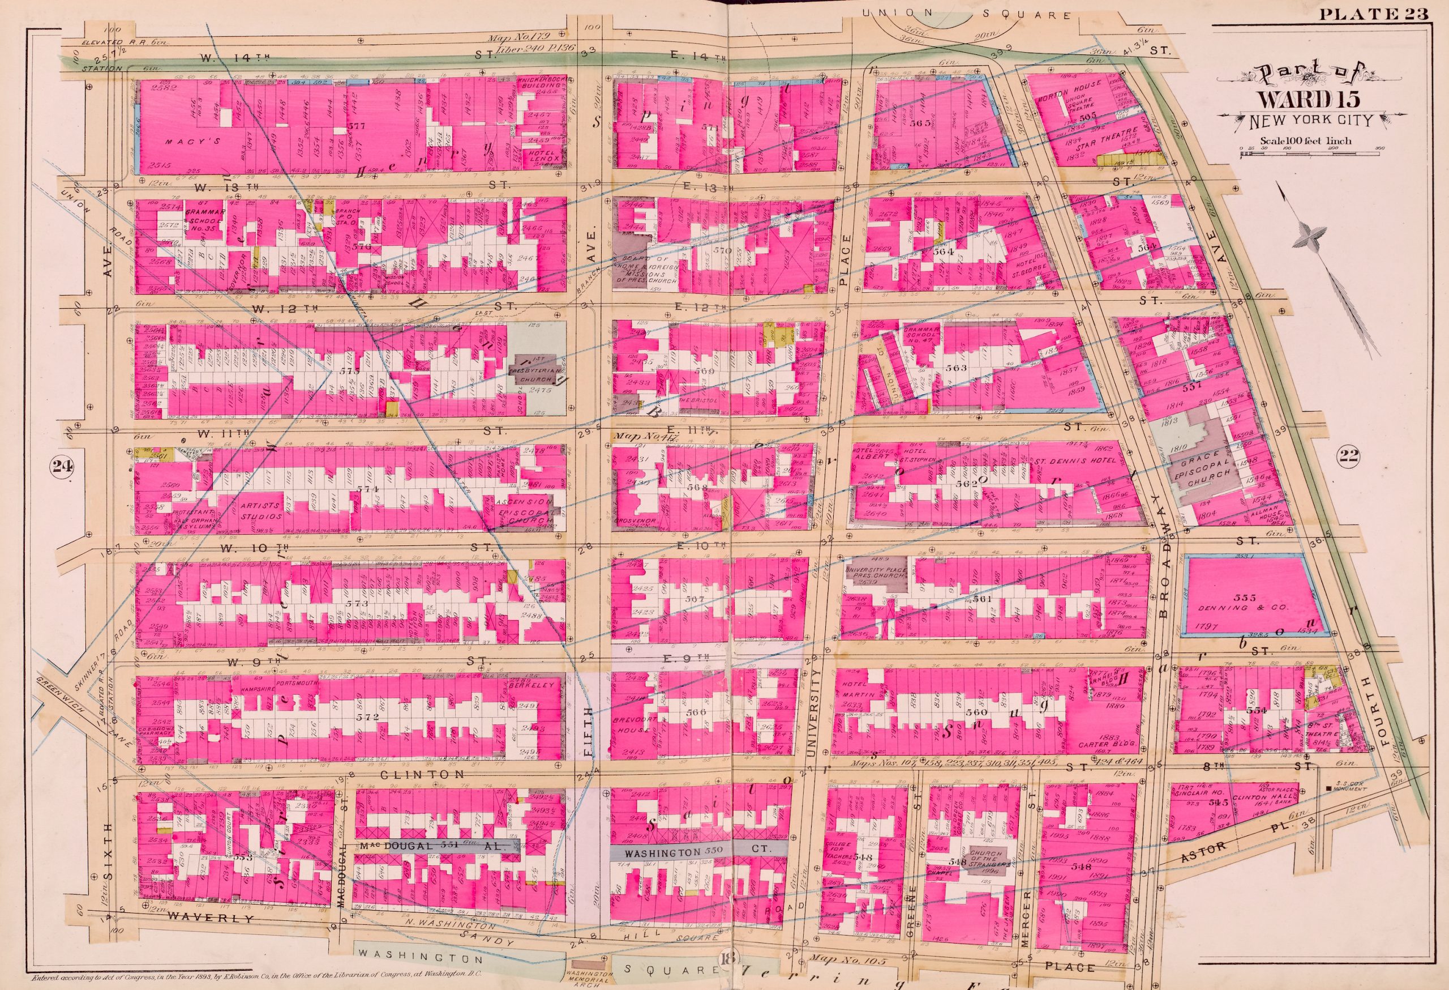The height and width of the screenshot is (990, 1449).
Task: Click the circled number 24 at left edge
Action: click(x=61, y=466)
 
